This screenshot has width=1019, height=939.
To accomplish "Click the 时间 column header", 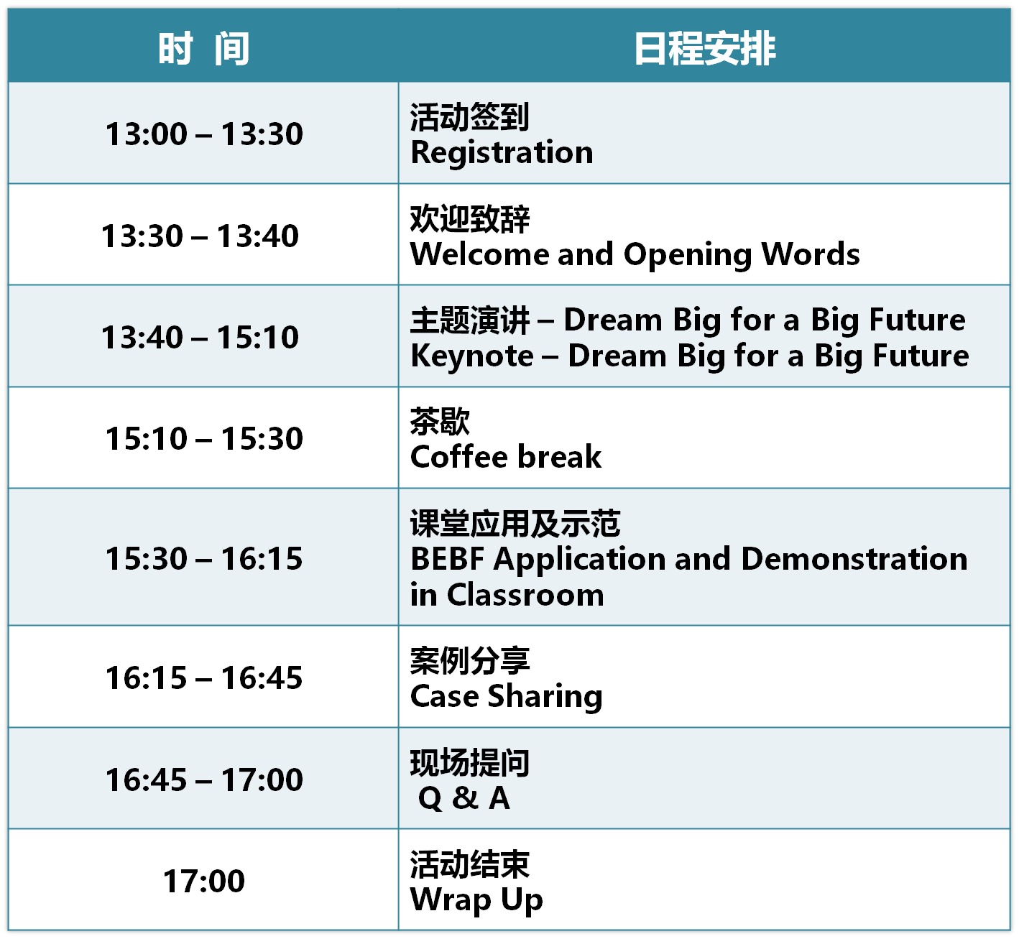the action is [203, 48].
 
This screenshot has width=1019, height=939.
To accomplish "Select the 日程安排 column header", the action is [704, 48].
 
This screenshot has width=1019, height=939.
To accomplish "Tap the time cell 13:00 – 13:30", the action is [203, 134].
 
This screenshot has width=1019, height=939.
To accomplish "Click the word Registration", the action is [502, 152].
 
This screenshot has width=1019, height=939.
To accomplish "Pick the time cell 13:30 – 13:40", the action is [200, 236].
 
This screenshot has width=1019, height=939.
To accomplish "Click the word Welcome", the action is [479, 254].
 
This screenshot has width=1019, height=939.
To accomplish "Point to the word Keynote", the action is [471, 356].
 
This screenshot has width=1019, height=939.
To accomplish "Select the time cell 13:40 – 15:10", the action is [200, 337].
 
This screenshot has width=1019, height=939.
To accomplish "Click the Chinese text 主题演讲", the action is [469, 320].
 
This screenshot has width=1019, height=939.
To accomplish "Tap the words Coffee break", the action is [505, 456].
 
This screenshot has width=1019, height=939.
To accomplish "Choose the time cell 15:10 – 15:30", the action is [203, 439].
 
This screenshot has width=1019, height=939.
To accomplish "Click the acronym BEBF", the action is [447, 558].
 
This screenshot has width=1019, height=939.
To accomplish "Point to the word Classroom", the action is [525, 595].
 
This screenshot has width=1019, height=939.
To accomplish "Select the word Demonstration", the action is [854, 558].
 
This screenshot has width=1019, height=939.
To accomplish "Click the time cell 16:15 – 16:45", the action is [203, 677].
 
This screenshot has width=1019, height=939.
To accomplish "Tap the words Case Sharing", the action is [506, 696].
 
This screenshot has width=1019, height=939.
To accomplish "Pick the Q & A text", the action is [464, 798].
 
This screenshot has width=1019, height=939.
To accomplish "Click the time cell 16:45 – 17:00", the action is [203, 780].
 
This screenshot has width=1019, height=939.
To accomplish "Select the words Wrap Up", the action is [476, 899].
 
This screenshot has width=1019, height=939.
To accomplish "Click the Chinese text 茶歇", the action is [440, 421].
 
